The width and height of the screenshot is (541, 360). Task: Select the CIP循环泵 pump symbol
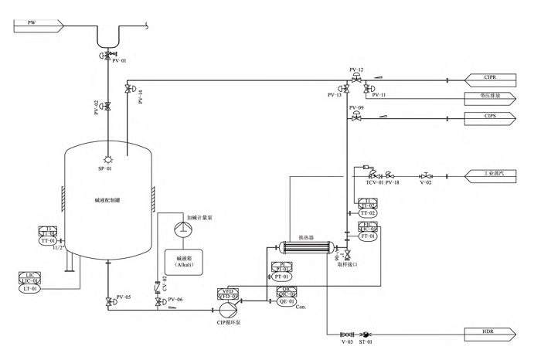pos(227,309)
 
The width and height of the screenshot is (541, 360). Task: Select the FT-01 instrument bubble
pos(367,236)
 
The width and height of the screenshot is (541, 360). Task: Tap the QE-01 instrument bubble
pos(286,301)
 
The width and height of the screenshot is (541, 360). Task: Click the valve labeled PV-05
pos(107,302)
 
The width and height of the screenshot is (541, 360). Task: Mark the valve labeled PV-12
pos(356,79)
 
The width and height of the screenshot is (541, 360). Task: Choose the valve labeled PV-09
pos(356,117)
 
